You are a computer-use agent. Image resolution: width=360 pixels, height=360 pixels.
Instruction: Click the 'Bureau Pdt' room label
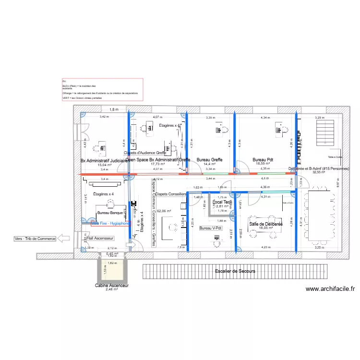click(x=263, y=159)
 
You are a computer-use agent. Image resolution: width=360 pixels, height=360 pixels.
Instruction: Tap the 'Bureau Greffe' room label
click(x=210, y=159)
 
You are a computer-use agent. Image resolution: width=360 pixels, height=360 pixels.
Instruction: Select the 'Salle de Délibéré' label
click(x=265, y=224)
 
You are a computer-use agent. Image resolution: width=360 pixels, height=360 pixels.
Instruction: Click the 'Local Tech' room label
click(x=222, y=203)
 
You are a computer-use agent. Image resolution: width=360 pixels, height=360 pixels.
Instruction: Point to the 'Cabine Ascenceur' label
click(x=112, y=285)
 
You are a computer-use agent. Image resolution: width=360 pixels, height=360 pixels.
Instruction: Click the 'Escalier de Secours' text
click(x=235, y=271)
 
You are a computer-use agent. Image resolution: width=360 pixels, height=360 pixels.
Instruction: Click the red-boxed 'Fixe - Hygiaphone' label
click(x=110, y=223)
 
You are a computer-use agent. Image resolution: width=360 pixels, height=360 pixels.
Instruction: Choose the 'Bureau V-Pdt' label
click(x=211, y=228)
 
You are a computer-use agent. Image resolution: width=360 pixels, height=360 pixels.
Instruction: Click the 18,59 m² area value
click(x=263, y=164)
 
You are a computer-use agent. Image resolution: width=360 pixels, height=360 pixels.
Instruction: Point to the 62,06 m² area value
click(x=164, y=211)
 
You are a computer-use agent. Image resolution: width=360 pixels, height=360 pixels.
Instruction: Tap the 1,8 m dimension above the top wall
click(x=113, y=110)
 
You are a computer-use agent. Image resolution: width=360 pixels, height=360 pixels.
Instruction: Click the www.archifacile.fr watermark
click(x=330, y=289)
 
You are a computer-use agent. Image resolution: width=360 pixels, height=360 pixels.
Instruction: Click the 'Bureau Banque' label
click(x=110, y=212)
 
